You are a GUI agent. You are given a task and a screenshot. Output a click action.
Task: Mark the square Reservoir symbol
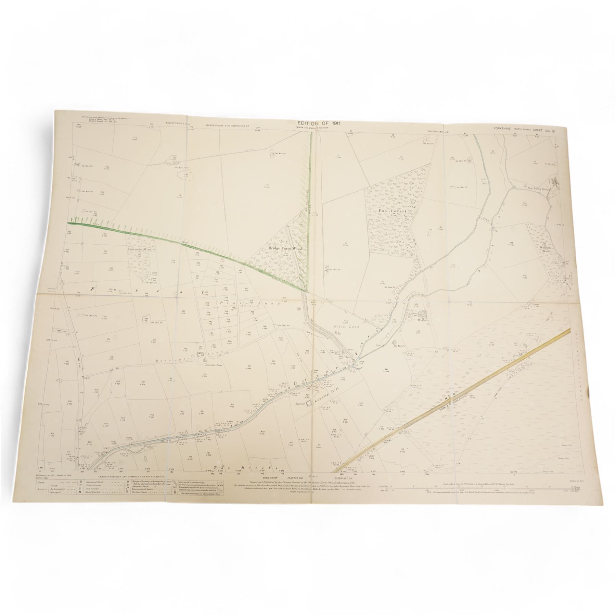point(309,403)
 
